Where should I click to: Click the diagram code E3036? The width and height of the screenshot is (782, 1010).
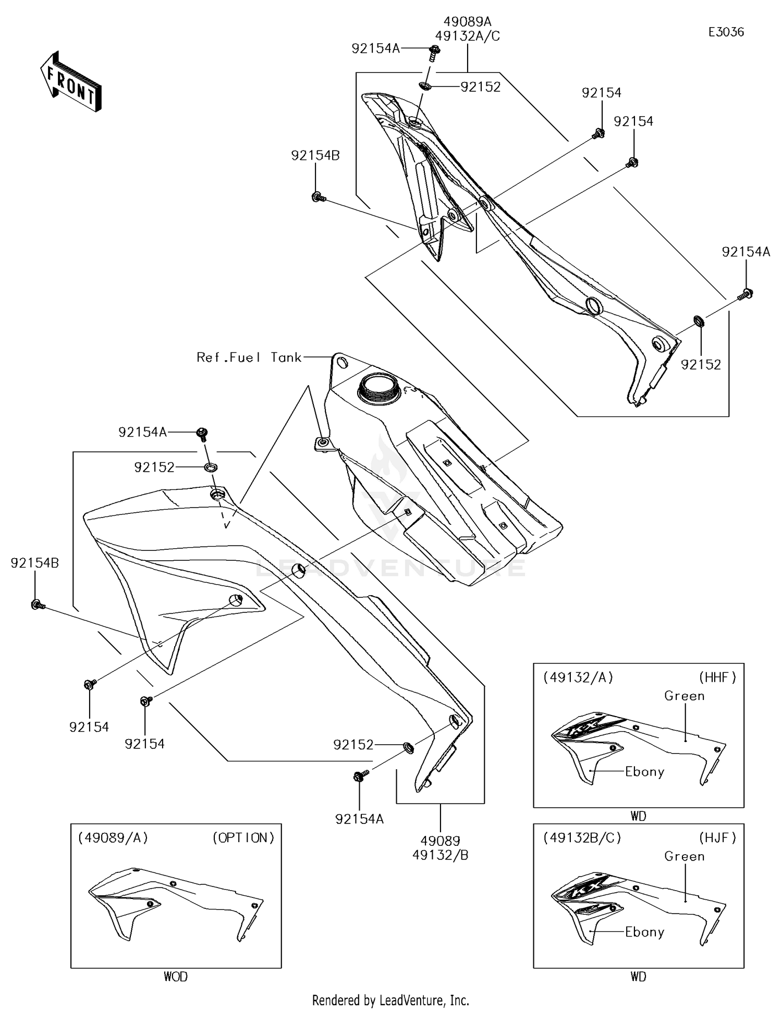pos(726,32)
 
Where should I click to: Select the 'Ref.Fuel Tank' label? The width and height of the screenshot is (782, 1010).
pos(249,358)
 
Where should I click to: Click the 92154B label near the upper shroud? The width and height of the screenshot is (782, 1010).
pos(315,155)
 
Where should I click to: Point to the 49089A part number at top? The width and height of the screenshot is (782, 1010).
pos(467,22)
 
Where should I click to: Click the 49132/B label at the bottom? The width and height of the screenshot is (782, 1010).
pos(440,855)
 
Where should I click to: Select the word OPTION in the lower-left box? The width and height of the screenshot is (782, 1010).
pos(243,837)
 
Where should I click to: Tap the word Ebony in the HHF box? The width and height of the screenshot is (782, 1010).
pos(644,772)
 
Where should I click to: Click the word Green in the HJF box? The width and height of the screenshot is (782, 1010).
pos(684,856)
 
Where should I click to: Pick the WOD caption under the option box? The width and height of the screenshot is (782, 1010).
pos(176,977)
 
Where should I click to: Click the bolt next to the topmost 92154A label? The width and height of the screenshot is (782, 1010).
pos(434,51)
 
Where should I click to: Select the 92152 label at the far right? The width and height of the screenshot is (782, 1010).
pos(701,365)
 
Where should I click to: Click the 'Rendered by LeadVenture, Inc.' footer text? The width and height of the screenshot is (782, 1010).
pos(390,1000)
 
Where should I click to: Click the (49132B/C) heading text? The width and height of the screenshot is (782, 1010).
pos(582,837)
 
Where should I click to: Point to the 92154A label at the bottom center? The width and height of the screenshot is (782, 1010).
pos(359,819)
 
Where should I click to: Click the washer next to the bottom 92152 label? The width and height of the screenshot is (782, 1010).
pos(409,748)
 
